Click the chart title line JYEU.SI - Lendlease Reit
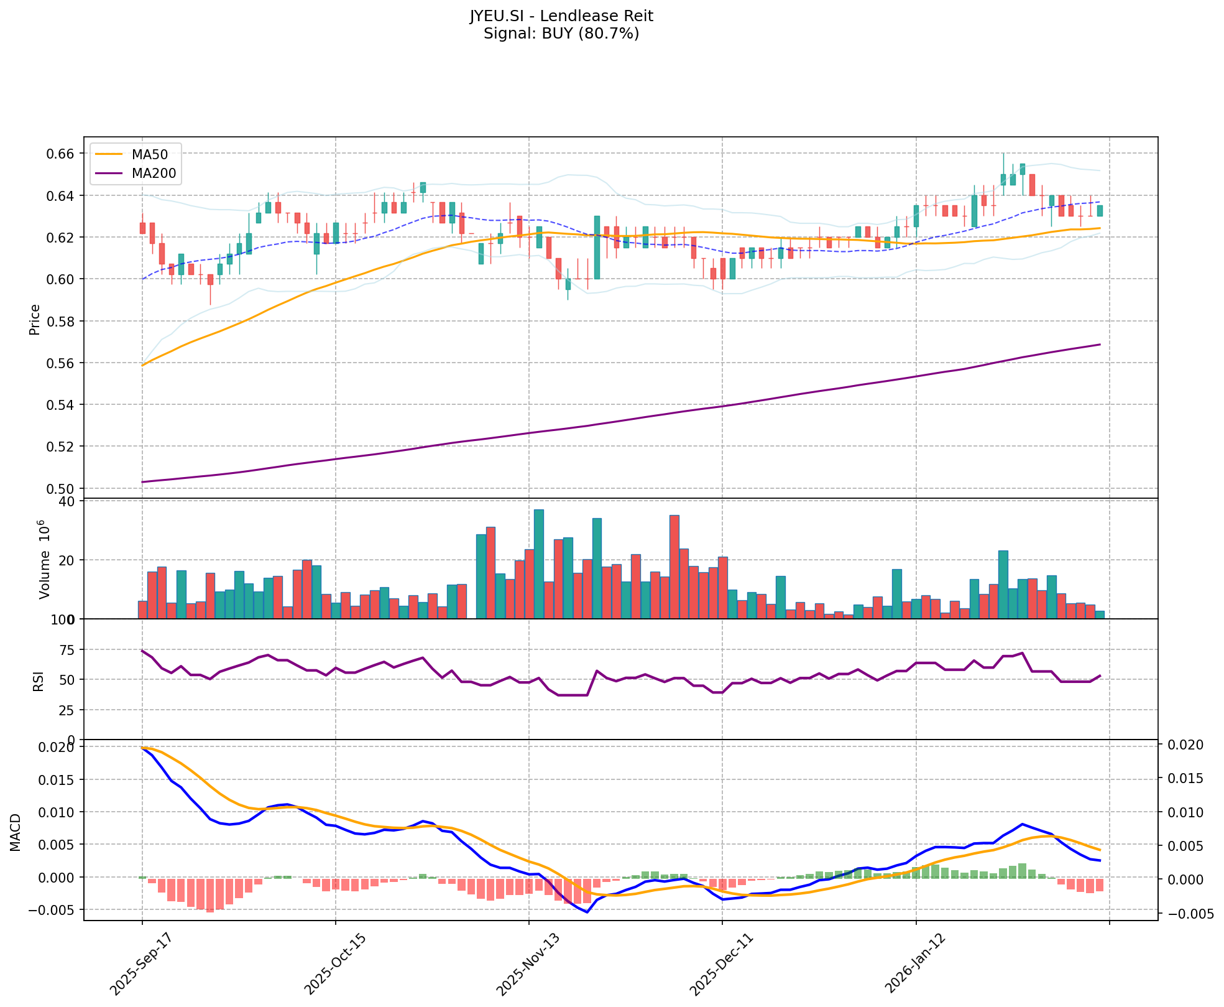[x=561, y=16]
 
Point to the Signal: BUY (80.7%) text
[x=561, y=34]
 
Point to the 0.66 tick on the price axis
[x=62, y=154]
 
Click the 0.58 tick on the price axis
[x=62, y=321]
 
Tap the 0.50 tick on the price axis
[x=62, y=488]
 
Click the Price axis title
[x=35, y=319]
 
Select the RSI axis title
[x=39, y=680]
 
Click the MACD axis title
[x=16, y=832]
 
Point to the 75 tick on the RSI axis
[x=67, y=650]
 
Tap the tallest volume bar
[x=539, y=564]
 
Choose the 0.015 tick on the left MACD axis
[x=58, y=779]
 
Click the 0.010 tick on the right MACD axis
[x=1185, y=812]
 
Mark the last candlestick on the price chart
[x=1100, y=211]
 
